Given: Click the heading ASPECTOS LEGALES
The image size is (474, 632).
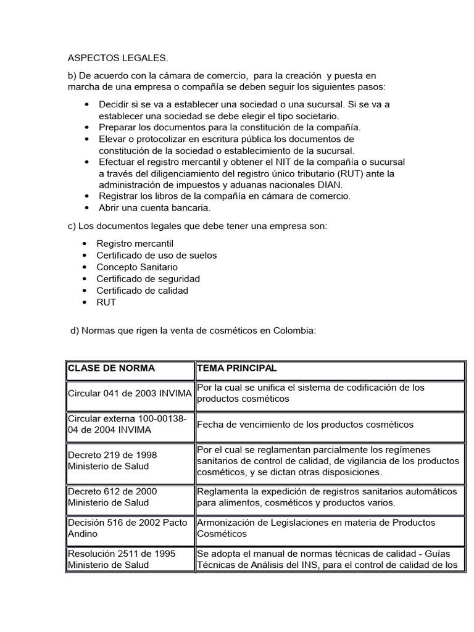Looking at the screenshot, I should click(117, 58).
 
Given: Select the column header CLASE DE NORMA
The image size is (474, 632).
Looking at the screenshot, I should click(111, 368).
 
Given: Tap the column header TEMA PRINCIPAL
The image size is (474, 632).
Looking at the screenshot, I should click(237, 368).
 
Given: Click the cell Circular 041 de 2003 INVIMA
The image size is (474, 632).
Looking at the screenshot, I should click(130, 394).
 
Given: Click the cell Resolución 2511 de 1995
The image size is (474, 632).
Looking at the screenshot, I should click(117, 559).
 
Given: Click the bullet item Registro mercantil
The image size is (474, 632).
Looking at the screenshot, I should click(135, 243).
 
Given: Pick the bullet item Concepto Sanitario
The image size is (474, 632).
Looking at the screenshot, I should click(137, 267).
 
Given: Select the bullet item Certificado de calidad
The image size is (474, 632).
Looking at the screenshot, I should click(142, 290).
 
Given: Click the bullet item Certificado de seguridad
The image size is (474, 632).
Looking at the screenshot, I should click(148, 278).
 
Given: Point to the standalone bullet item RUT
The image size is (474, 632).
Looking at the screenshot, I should click(106, 302).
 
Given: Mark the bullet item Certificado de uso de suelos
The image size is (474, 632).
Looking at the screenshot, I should click(156, 255).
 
